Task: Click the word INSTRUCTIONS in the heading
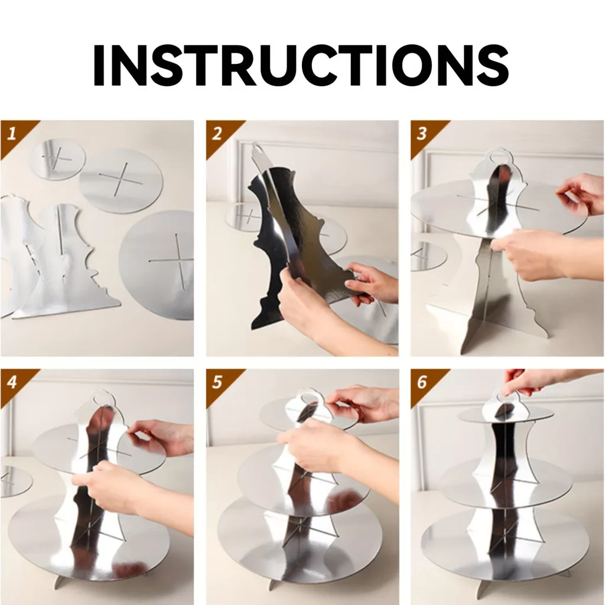[x=301, y=65]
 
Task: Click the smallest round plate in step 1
[x=58, y=159]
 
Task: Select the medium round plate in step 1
[x=121, y=181]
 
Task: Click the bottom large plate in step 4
[x=89, y=540]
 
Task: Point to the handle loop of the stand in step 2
[x=258, y=148]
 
